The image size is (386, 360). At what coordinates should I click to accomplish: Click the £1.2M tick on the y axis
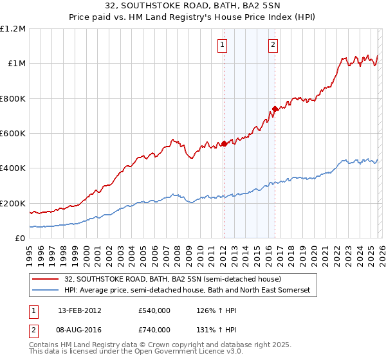(x=13, y=29)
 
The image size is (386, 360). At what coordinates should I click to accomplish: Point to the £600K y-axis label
(x=13, y=134)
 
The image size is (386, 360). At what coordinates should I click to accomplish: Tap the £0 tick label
(x=19, y=238)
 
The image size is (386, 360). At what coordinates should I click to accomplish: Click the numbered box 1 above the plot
(x=222, y=45)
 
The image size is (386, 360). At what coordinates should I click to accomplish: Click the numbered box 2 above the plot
(x=273, y=45)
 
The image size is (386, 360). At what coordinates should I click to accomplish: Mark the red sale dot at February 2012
(x=224, y=144)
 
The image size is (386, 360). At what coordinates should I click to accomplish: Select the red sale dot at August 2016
(x=275, y=109)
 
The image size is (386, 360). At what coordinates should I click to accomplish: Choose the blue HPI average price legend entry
(x=187, y=291)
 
